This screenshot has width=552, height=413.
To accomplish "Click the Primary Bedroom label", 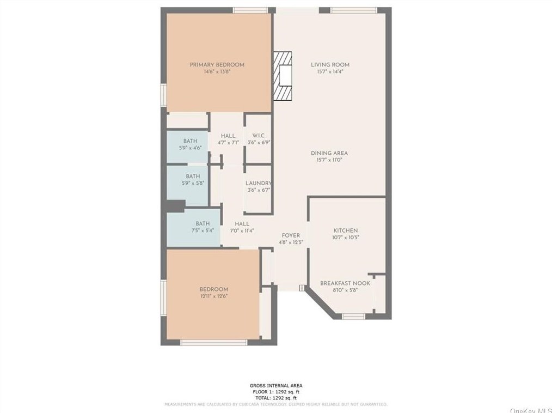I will coord(217,65).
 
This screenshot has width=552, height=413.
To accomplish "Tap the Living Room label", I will coord(330,65).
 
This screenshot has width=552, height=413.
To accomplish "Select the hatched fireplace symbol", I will coord(283,76).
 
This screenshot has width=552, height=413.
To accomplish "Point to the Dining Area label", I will coord(329,153).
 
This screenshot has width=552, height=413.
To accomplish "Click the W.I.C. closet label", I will coord(258,136).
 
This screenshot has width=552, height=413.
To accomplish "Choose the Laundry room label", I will coord(258,184).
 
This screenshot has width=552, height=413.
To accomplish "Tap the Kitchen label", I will coord(345,230).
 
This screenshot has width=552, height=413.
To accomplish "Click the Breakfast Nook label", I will coord(345,283).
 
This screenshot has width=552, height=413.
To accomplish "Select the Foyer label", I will coord(291,235).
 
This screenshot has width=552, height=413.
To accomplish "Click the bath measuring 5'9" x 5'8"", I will coord(193,183).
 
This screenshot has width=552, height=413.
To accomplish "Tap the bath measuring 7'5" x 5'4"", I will coord(203,230).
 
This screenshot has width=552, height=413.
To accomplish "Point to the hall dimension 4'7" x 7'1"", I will coord(228,143).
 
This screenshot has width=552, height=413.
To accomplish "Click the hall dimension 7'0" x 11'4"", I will coord(242,230).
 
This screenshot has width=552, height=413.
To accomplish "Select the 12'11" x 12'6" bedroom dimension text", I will coord(213,296).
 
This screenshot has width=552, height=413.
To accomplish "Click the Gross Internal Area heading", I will coord(275,386).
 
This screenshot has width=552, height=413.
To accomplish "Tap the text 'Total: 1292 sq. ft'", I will coord(275,398).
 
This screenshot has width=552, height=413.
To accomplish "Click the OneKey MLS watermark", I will coord(530,409).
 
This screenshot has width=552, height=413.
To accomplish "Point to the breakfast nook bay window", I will coord(353,316).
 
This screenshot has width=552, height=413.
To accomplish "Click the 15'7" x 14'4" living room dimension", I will coord(330,71).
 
